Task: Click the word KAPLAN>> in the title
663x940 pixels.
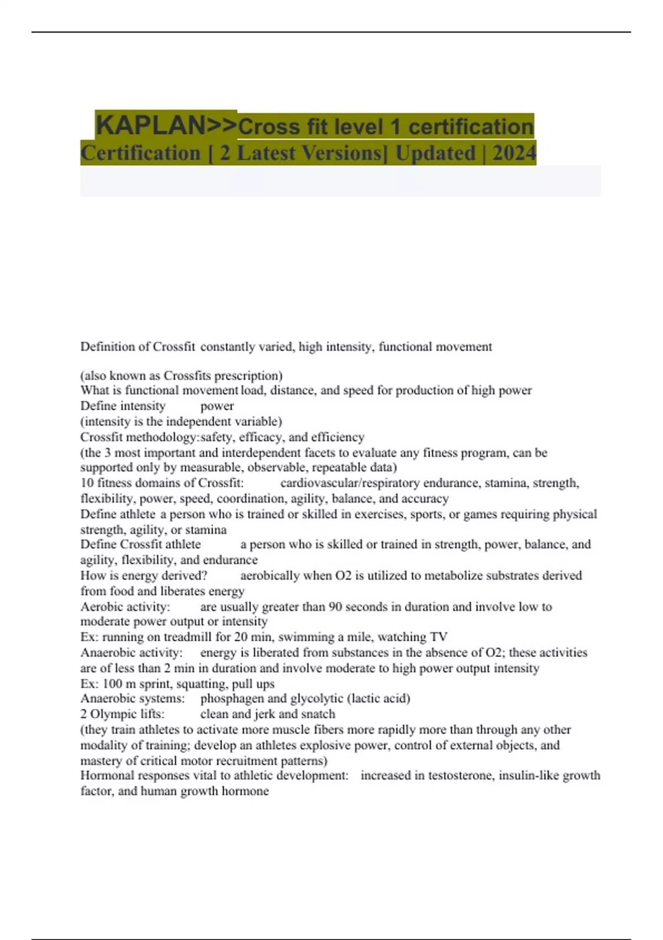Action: coord(166,125)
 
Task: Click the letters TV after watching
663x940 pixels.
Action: coord(439,637)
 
